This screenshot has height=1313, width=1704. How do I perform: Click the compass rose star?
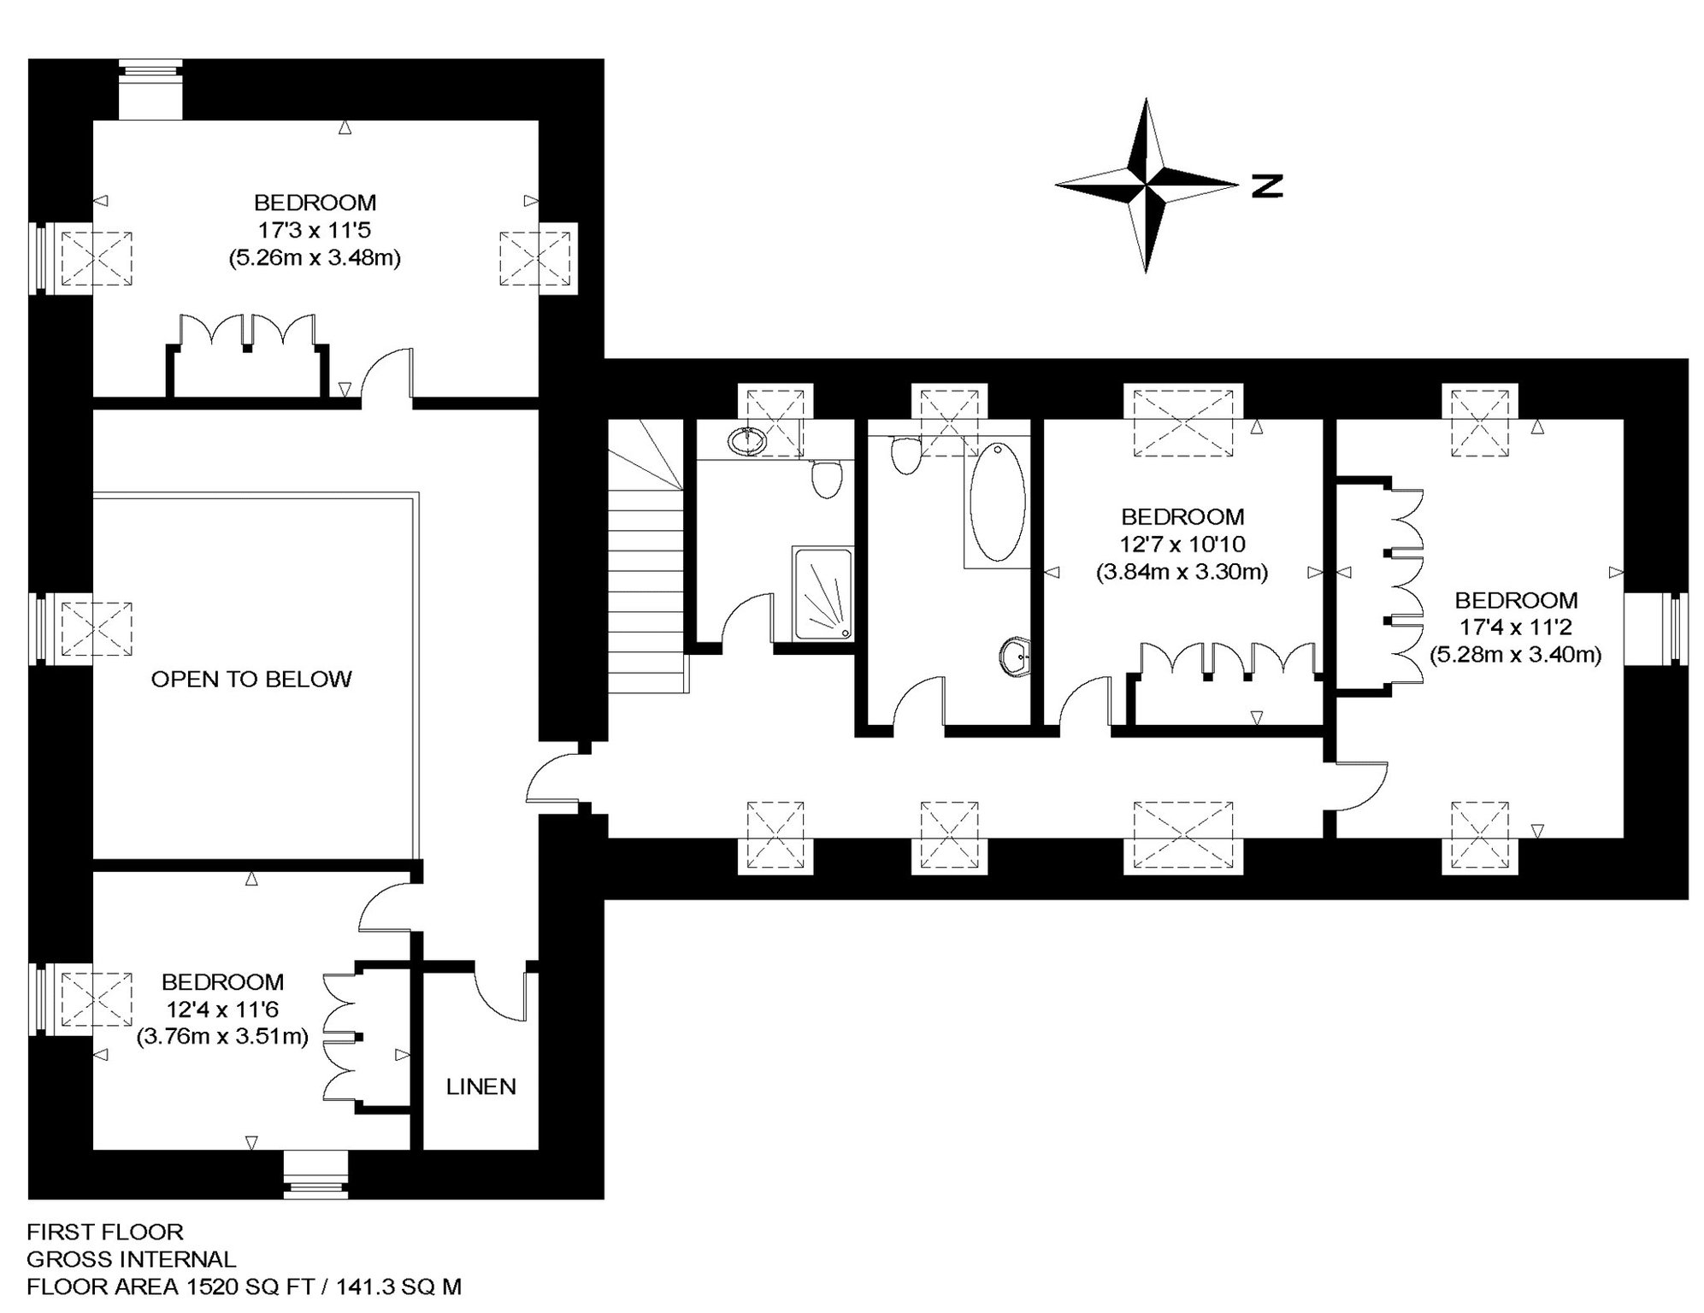pyautogui.click(x=1146, y=185)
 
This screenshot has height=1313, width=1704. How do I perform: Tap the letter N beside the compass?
pyautogui.click(x=1267, y=185)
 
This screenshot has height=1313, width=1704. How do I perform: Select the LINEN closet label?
pyautogui.click(x=481, y=1086)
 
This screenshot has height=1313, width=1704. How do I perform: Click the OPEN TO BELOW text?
pyautogui.click(x=251, y=679)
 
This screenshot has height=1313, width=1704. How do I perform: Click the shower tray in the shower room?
pyautogui.click(x=823, y=592)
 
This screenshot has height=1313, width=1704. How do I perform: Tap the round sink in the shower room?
pyautogui.click(x=748, y=441)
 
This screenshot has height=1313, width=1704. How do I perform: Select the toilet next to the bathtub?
pyautogui.click(x=905, y=454)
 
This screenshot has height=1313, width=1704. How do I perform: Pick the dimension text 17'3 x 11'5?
pyautogui.click(x=315, y=230)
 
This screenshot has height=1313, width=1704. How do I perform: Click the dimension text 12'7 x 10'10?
pyautogui.click(x=1183, y=544)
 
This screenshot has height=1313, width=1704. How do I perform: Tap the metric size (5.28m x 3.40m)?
pyautogui.click(x=1516, y=655)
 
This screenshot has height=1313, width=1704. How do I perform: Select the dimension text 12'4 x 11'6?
pyautogui.click(x=222, y=1010)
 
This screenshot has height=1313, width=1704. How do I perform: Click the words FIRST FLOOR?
pyautogui.click(x=105, y=1232)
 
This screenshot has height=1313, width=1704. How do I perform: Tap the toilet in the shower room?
pyautogui.click(x=826, y=479)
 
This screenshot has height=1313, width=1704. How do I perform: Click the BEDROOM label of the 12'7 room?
pyautogui.click(x=1182, y=516)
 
